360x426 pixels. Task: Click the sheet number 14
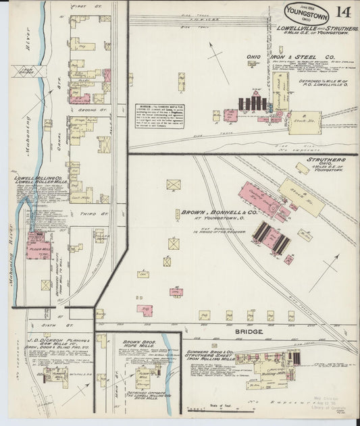pos(342,11)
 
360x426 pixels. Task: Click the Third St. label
pos(100,213)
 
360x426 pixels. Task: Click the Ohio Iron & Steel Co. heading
pos(295,57)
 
